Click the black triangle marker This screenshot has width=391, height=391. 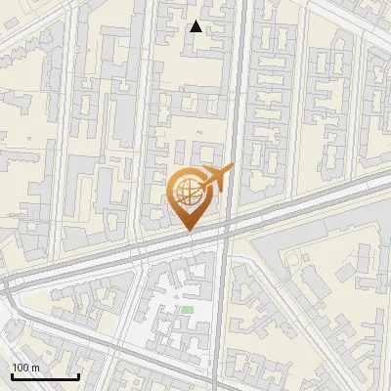(x=196, y=26)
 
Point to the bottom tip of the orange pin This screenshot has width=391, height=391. (x=188, y=230)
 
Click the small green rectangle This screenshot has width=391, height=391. (x=187, y=310)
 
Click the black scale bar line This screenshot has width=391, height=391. (x=45, y=377)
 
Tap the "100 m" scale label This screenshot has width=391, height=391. (x=25, y=368)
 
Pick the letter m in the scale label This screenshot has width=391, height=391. (x=35, y=368)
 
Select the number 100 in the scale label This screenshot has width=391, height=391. (x=20, y=368)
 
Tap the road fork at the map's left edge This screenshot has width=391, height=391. (x=8, y=283)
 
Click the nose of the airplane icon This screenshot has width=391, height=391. (x=233, y=171)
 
